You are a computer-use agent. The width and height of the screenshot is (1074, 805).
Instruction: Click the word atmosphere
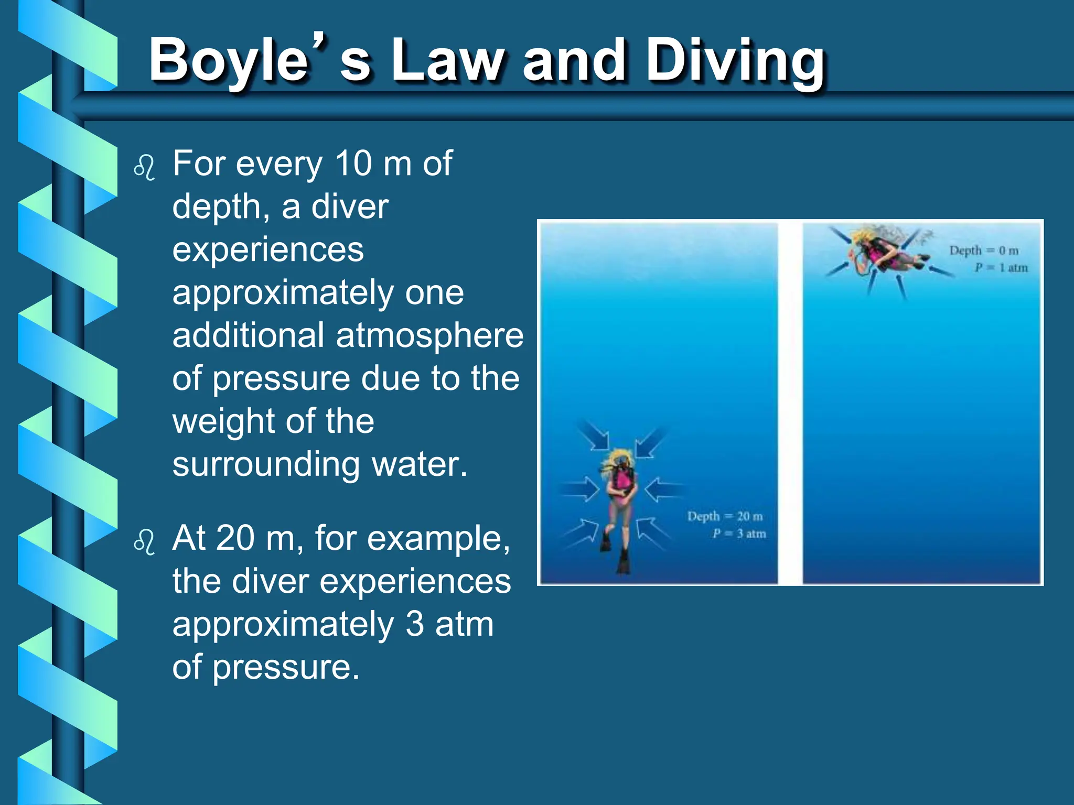point(429,335)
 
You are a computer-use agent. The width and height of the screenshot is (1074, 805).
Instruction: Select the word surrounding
point(265,464)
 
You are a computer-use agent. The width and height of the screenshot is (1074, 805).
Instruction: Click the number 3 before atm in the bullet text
point(414,624)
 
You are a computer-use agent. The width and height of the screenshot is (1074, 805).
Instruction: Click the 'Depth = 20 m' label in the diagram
point(725,517)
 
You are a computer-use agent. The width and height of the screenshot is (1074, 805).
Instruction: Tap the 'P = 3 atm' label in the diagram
point(739,534)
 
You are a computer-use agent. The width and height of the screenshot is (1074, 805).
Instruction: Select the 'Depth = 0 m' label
point(984,251)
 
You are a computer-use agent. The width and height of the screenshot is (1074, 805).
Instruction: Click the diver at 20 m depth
point(621,498)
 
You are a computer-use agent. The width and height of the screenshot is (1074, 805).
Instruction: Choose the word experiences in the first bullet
point(268,249)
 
